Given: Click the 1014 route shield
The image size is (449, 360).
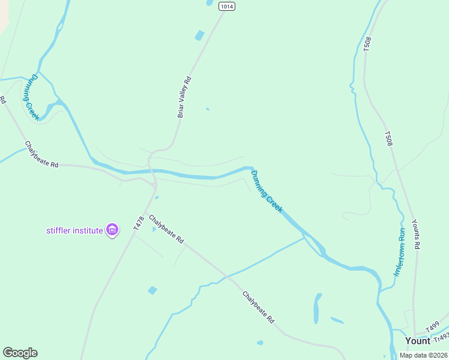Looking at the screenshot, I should [226, 6].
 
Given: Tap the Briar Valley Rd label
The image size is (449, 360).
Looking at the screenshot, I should [184, 97].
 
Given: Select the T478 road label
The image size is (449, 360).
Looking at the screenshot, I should [139, 224].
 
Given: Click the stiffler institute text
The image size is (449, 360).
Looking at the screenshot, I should [75, 230].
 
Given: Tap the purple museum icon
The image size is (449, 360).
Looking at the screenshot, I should [112, 229].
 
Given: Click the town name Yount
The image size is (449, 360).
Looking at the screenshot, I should [417, 341].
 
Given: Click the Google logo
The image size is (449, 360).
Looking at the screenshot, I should [20, 353].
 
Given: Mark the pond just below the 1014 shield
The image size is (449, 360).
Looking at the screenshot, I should [199, 35].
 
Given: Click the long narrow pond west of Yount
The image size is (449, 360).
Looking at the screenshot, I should [316, 308].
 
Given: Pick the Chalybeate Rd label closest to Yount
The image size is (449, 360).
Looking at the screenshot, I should [258, 307].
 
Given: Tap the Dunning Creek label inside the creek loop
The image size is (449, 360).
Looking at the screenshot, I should [31, 97].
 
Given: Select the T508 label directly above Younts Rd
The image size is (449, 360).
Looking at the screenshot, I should [388, 139].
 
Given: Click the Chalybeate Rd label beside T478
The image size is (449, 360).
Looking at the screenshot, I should [166, 229].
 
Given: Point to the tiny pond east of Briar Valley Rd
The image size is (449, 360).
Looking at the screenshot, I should [208, 109].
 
